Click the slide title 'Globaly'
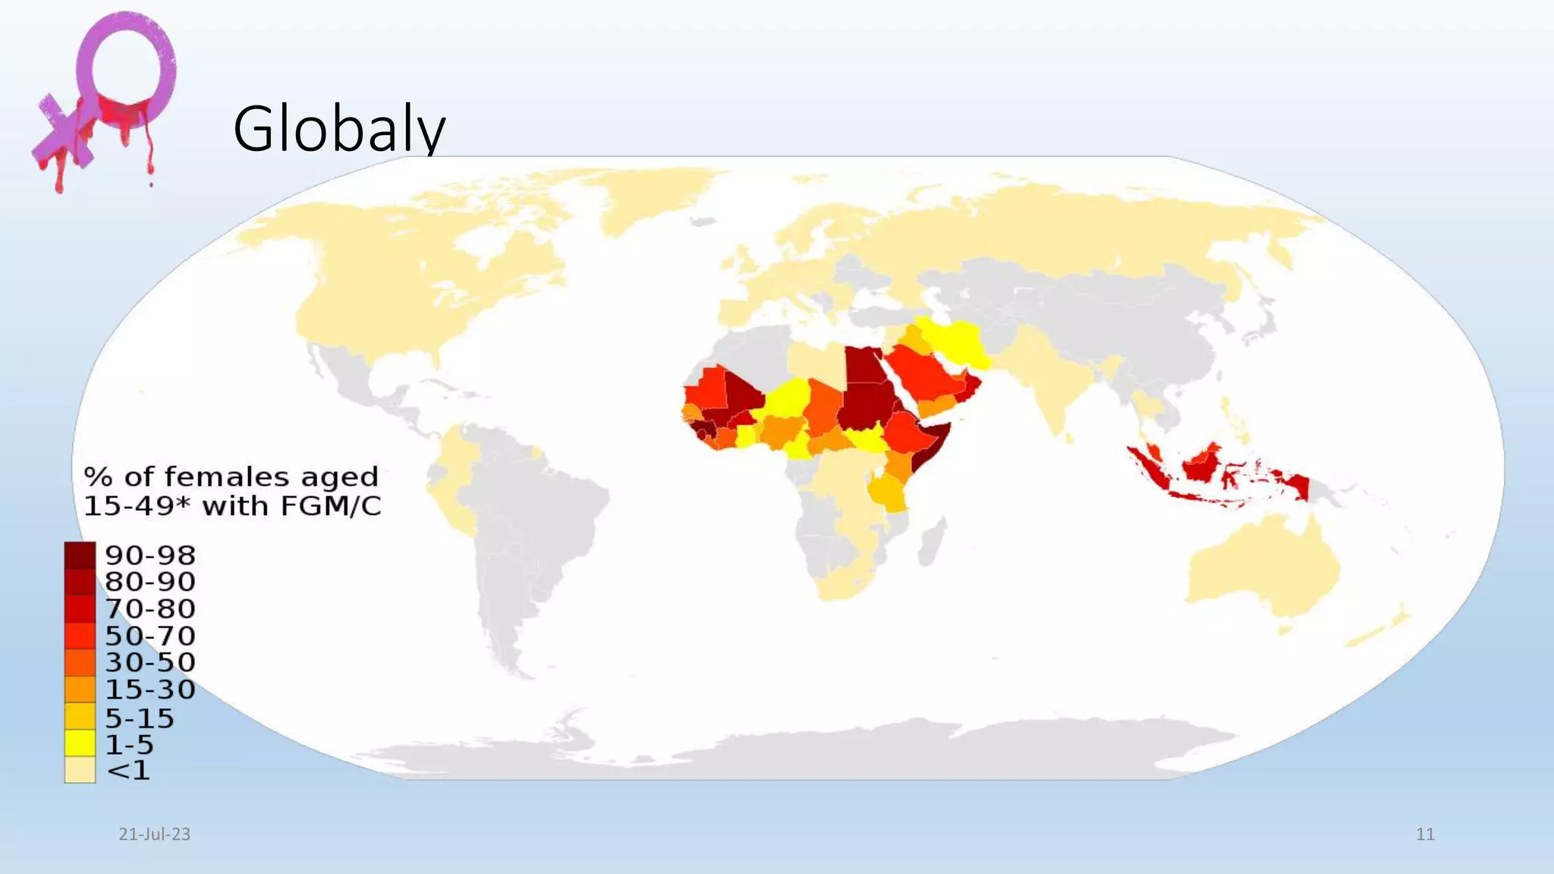coord(338,129)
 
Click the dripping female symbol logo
coord(106,99)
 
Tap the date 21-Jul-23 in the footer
coord(155,834)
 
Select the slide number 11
coord(1425,834)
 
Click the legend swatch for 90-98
coord(80,555)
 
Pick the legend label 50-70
coord(150,636)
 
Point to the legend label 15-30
coord(150,690)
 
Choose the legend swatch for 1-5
coord(80,744)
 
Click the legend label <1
coord(129,770)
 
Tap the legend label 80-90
coord(150,582)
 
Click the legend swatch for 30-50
coord(80,662)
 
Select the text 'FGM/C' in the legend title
coord(331,506)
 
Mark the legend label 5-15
coord(140,718)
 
